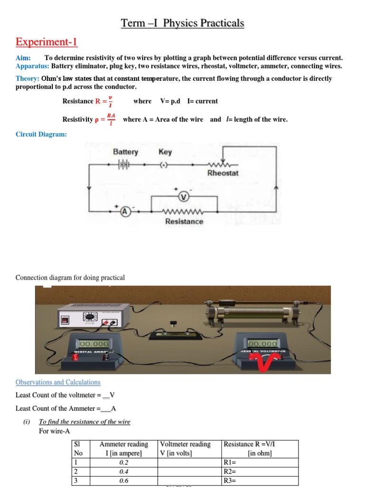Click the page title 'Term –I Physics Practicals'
click(182, 23)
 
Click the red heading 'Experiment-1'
click(46, 42)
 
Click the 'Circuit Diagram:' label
click(41, 135)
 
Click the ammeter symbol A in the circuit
click(125, 213)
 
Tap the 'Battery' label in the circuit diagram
click(125, 152)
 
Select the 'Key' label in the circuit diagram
click(165, 152)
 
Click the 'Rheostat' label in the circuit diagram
click(223, 173)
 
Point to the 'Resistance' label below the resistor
click(184, 222)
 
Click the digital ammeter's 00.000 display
click(94, 343)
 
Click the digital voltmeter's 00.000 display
click(262, 343)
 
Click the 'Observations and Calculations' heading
click(58, 382)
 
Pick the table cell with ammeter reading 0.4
click(124, 471)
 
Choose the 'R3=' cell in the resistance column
click(259, 480)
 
